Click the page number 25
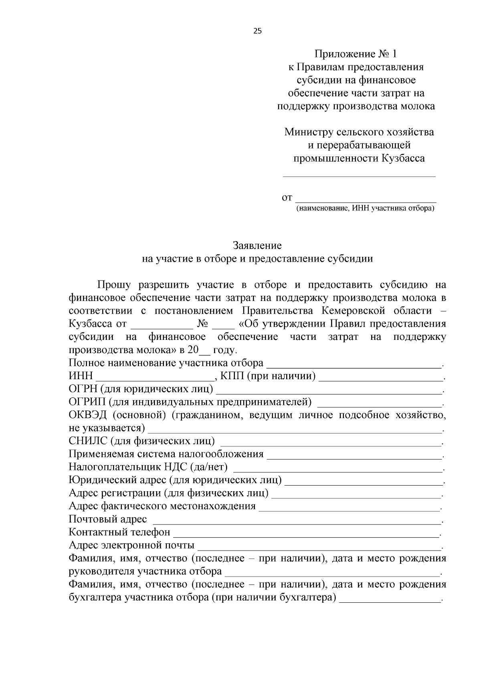pos(257,31)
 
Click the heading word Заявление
pos(257,245)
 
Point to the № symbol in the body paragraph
pos(202,324)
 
